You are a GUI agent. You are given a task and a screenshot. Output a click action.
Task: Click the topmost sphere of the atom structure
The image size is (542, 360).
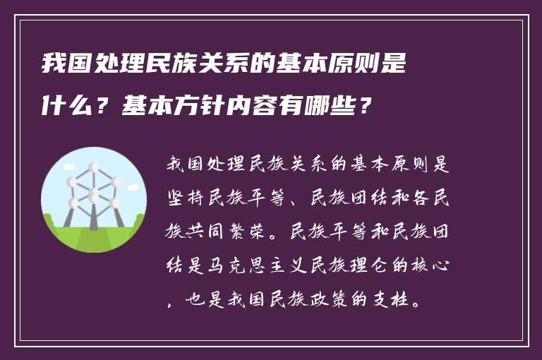click(x=92, y=168)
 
